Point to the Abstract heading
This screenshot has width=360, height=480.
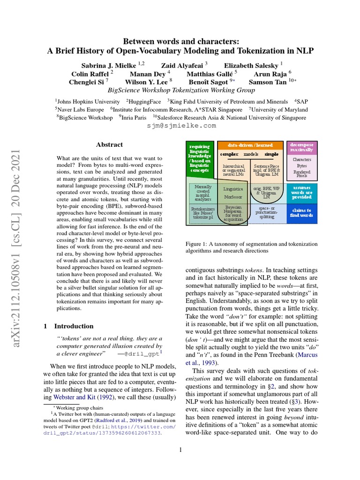(109, 145)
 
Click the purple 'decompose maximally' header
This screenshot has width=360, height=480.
(302, 147)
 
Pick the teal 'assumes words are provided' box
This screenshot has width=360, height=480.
(302, 192)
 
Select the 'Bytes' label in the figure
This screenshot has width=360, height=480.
(302, 165)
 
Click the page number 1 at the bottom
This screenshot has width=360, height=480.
(180, 450)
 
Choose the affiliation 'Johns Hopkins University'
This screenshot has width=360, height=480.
(88, 101)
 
